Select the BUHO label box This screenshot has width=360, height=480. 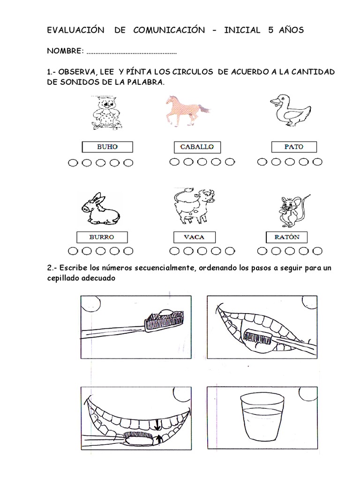[107, 147]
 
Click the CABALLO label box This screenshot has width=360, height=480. [197, 147]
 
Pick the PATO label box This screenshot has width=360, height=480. [294, 147]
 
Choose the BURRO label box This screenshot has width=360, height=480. [102, 237]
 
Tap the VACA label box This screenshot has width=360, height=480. [194, 237]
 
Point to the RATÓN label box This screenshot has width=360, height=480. [287, 237]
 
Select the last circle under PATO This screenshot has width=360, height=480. [317, 162]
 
